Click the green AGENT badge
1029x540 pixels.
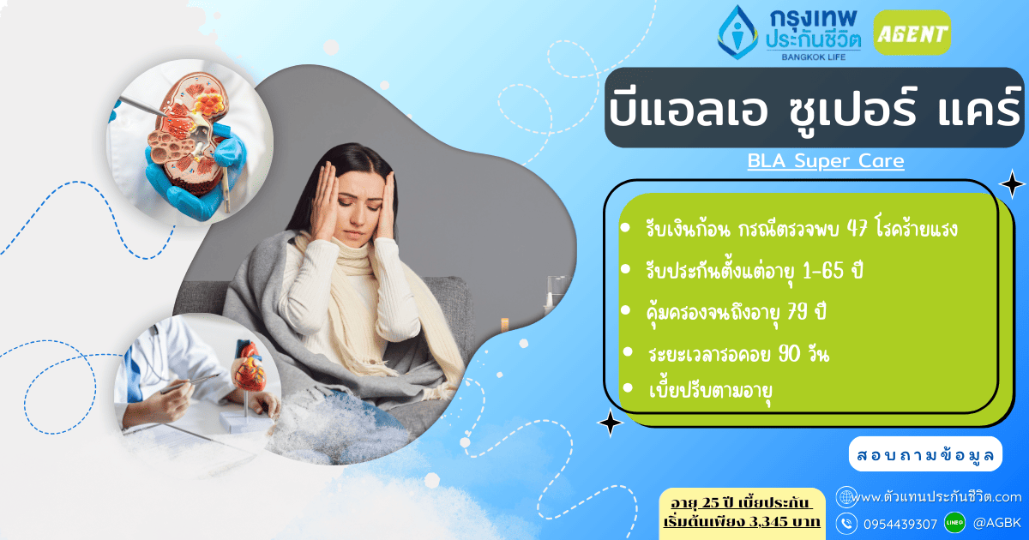coord(912,33)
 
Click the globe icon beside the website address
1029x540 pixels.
coord(846,497)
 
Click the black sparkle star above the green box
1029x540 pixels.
coord(1012,183)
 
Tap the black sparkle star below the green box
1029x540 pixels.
coord(610,423)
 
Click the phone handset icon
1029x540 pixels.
coord(846,522)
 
